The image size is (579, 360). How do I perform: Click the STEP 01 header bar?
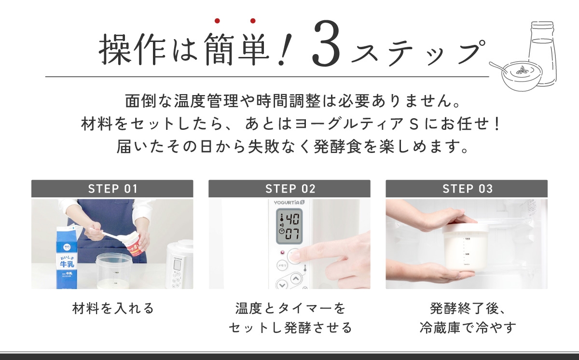pyautogui.click(x=112, y=188)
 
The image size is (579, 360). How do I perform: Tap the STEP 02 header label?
pyautogui.click(x=290, y=189)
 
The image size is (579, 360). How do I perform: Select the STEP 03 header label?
pyautogui.click(x=468, y=189)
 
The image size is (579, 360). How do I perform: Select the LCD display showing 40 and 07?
pyautogui.click(x=289, y=226)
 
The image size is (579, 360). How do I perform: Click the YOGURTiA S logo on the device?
pyautogui.click(x=289, y=202)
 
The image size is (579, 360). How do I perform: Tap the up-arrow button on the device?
pyautogui.click(x=296, y=278)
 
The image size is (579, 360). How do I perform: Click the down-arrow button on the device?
pyautogui.click(x=282, y=285)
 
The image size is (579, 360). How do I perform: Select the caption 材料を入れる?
pyautogui.click(x=113, y=308)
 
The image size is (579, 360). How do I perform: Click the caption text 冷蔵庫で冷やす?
pyautogui.click(x=468, y=328)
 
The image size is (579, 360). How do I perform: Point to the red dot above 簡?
pyautogui.click(x=217, y=21)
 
